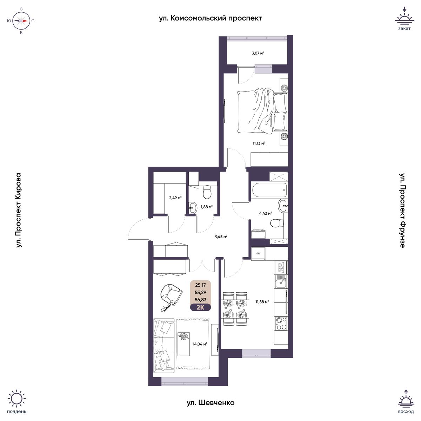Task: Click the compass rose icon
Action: coord(21,21)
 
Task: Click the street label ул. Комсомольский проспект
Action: coord(210,19)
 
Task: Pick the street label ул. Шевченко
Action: coord(210,403)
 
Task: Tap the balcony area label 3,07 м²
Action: coord(258,53)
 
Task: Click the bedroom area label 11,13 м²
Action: coord(259,143)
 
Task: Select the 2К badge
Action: coord(200,307)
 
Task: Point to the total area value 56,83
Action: coord(200,300)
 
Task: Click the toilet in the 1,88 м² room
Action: coord(207,192)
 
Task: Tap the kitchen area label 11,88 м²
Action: coord(262,302)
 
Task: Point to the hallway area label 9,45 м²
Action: coord(221,236)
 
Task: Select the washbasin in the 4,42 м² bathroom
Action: coord(283,206)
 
